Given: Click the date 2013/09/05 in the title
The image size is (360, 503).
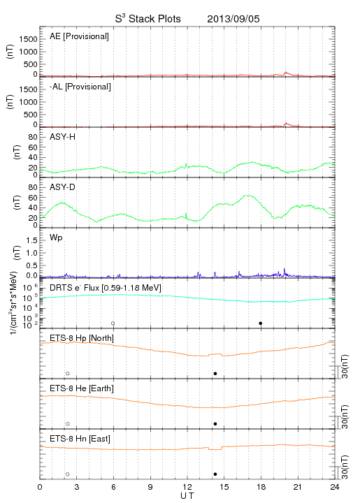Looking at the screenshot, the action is click(233, 19).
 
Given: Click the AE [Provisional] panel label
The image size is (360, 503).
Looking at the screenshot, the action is click(79, 36).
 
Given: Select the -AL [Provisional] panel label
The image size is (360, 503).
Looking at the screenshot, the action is click(80, 87).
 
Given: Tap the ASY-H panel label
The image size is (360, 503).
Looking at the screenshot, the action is click(63, 137).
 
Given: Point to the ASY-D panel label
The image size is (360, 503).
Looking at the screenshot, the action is click(63, 187).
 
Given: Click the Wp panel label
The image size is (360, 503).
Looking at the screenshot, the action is click(56, 238).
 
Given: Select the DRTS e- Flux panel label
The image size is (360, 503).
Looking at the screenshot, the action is click(106, 288).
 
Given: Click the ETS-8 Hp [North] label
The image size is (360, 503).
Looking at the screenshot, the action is click(82, 338).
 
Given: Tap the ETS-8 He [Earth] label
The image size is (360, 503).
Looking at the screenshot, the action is click(82, 388).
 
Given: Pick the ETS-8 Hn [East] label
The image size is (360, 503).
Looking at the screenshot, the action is click(80, 439).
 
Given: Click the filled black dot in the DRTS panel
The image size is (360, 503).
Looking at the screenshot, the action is click(261, 323).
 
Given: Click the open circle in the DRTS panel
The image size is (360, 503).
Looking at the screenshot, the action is click(113, 323).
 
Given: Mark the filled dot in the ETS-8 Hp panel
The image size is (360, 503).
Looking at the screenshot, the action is click(215, 373).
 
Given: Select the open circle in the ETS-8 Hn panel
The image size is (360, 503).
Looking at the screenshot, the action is click(68, 474).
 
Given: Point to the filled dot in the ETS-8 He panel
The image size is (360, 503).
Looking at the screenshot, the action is click(215, 424).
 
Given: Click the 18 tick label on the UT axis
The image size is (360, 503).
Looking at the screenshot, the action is click(261, 487).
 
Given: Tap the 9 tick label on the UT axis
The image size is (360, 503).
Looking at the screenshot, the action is click(150, 487).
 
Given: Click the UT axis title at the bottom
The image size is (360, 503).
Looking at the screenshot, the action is click(187, 496).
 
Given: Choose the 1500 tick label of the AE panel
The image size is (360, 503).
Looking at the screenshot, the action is click(29, 39).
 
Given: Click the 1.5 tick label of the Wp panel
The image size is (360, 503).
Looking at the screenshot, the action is click(31, 240).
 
